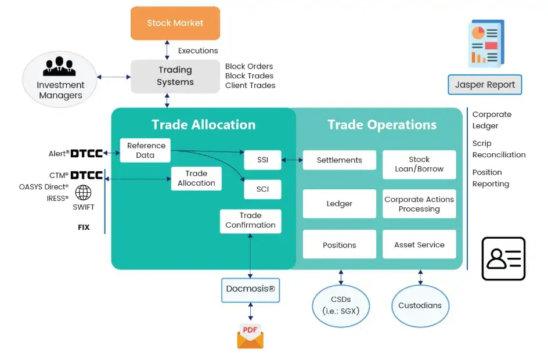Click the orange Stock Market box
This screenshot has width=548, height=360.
(175, 23)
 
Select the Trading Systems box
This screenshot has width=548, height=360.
(175, 76)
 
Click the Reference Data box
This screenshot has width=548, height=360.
(146, 150)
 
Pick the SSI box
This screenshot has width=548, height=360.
(262, 160)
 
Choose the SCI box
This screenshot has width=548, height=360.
(262, 189)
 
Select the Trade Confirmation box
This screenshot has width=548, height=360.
(250, 221)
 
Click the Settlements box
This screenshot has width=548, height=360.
(339, 160)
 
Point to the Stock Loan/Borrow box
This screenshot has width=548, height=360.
(419, 164)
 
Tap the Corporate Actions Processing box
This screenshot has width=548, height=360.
(419, 204)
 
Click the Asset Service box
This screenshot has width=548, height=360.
(419, 244)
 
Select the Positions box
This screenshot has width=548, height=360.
(339, 244)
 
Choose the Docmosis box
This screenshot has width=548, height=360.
(250, 289)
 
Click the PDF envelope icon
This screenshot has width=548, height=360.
(250, 336)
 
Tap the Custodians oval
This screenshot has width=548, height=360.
(420, 305)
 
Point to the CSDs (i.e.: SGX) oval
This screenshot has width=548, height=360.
(340, 305)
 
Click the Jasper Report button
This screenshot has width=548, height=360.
(485, 85)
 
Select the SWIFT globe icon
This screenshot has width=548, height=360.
(84, 193)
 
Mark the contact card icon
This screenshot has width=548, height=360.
(503, 258)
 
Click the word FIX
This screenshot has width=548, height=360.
(84, 227)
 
